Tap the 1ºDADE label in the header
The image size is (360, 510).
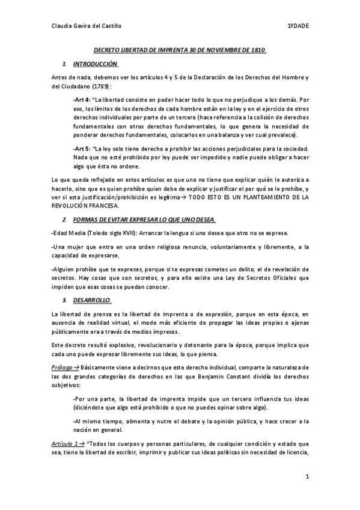tap(297, 26)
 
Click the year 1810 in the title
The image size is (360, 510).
tap(257, 51)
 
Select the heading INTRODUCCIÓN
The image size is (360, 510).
tap(96, 64)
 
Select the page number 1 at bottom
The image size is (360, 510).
tap(307, 477)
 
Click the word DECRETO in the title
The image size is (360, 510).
tap(111, 51)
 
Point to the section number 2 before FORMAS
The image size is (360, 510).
tap(64, 220)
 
